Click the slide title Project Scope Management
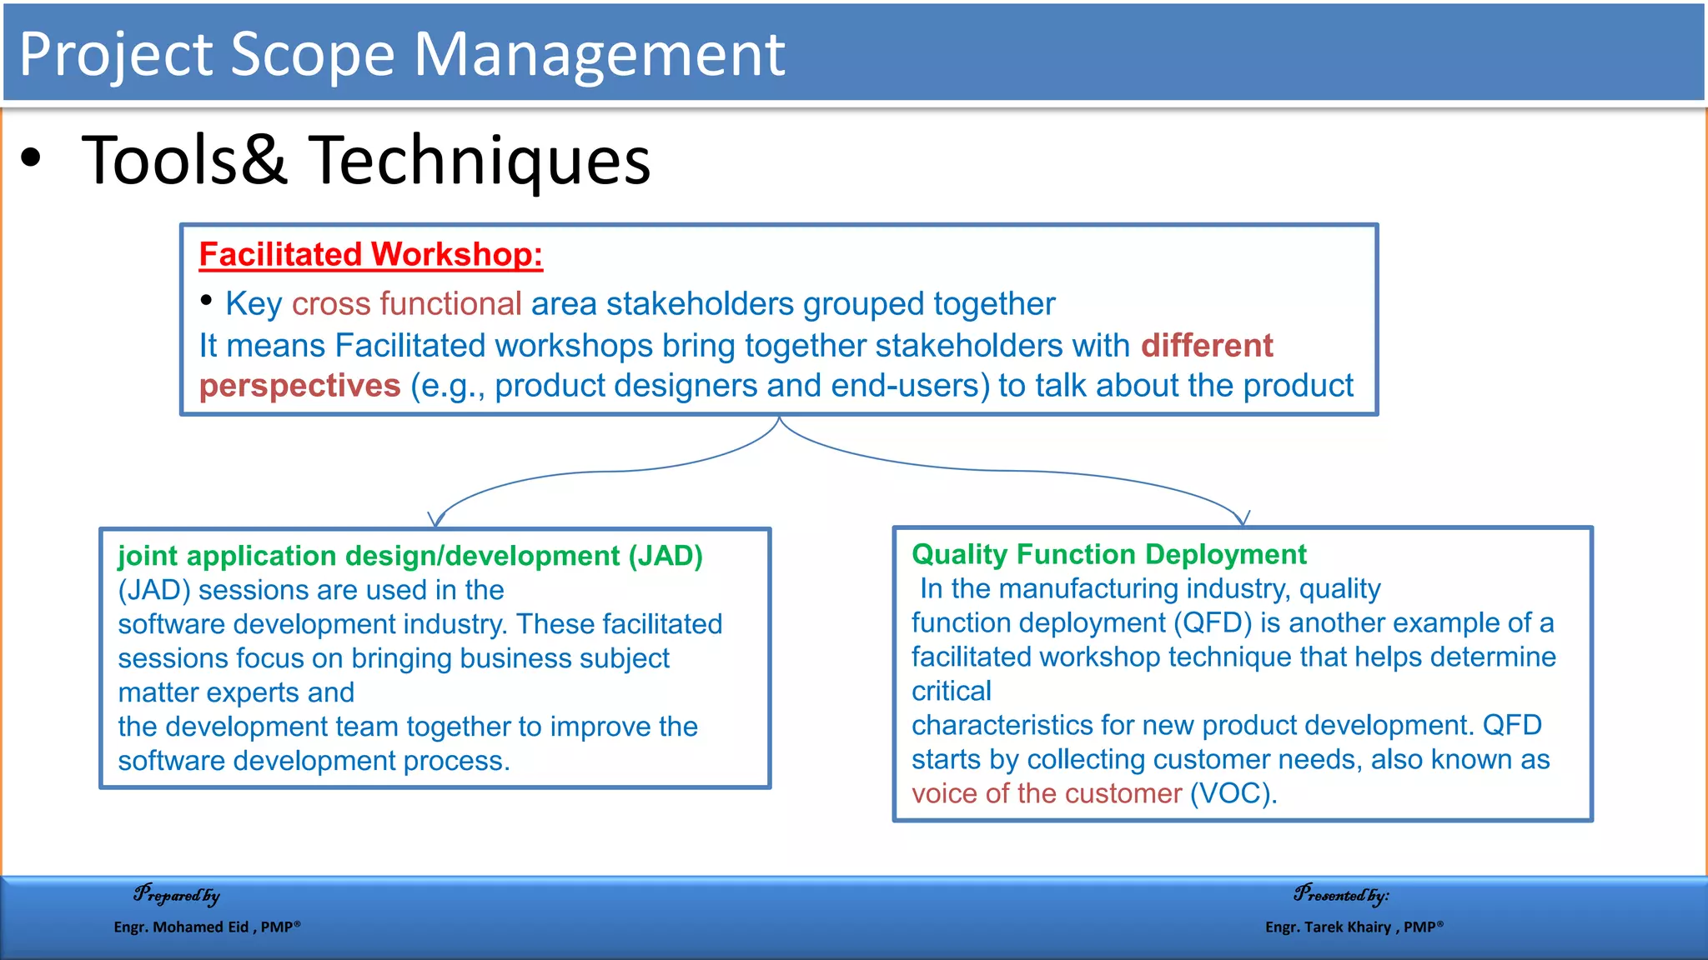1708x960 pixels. [x=401, y=54]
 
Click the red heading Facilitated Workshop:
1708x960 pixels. [x=370, y=254]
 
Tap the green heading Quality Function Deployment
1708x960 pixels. [x=1108, y=554]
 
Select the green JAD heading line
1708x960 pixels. [x=410, y=556]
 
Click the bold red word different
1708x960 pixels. [x=1206, y=345]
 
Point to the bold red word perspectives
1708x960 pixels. [x=299, y=386]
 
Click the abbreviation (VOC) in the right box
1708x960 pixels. [x=1233, y=793]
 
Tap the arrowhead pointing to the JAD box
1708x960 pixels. [x=435, y=520]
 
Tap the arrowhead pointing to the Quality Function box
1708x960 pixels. [x=1243, y=518]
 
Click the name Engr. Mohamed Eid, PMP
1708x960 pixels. [x=207, y=927]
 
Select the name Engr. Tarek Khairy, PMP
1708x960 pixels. [x=1354, y=927]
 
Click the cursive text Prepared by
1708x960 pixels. [x=177, y=895]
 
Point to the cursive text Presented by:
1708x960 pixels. [x=1341, y=895]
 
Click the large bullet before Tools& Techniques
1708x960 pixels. [x=31, y=157]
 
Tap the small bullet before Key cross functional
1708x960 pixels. [x=206, y=301]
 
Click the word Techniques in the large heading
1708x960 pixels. [x=480, y=160]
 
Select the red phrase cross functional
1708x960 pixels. [x=406, y=304]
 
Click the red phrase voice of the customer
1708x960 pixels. [x=1046, y=793]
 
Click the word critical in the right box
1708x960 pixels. [x=951, y=691]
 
